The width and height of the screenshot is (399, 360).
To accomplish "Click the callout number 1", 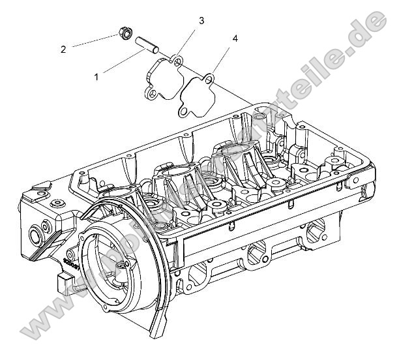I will click(x=96, y=76).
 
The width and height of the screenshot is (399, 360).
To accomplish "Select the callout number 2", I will click(x=63, y=49).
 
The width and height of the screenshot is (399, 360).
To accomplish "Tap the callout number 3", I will click(x=201, y=21).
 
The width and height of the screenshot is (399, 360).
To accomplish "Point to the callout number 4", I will click(x=235, y=38).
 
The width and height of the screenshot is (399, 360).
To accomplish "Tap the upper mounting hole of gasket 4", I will click(x=208, y=80).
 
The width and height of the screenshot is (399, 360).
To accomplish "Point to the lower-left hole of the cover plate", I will click(x=151, y=95).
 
